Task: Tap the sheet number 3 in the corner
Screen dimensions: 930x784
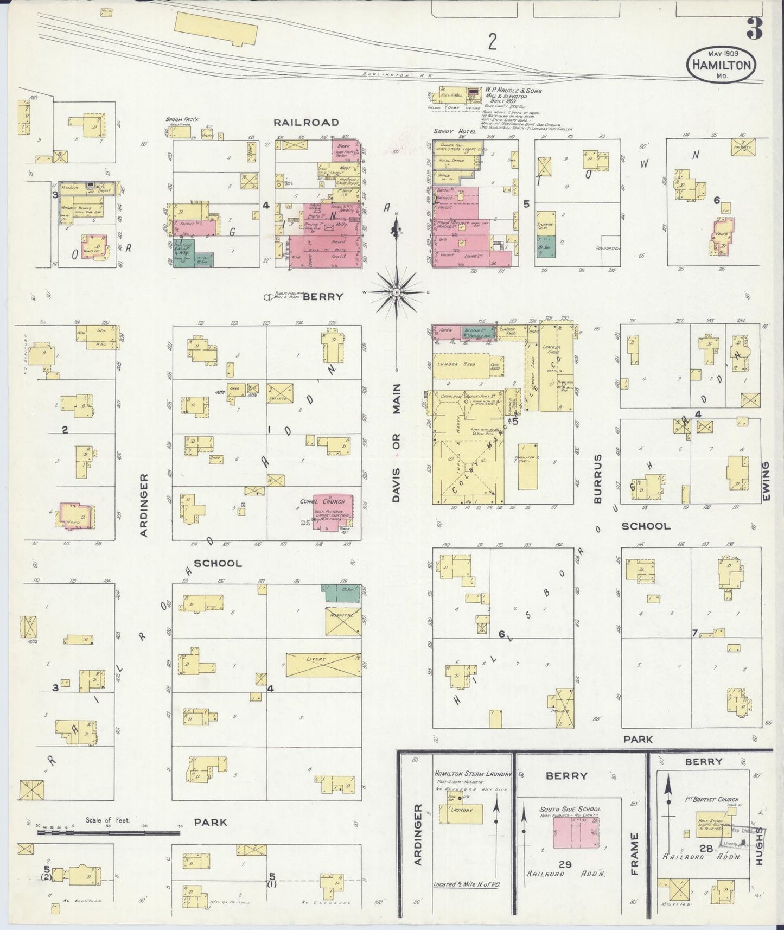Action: point(754,28)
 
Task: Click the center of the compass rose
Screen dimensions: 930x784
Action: point(397,292)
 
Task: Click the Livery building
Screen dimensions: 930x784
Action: point(323,665)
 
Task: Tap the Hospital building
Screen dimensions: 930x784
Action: point(343,621)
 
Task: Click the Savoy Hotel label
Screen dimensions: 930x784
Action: point(454,132)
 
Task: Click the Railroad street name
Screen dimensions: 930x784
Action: point(306,122)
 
